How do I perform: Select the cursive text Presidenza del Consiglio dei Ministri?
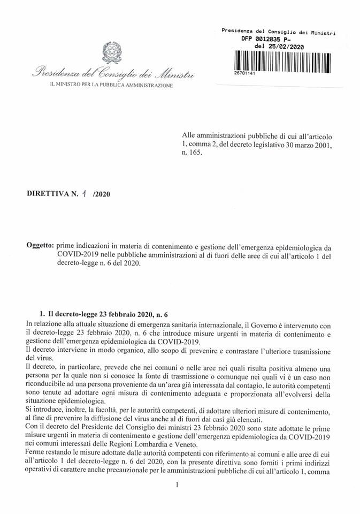pos(113,74)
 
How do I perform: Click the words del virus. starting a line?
pos(38,358)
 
